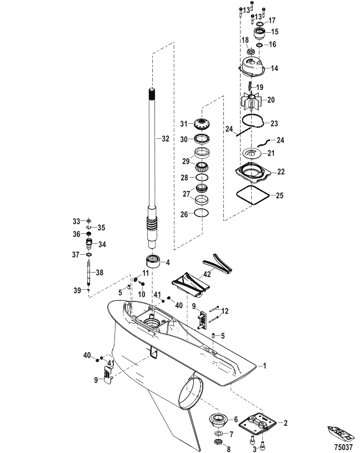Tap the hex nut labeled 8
pos(218,442)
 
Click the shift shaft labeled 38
pos(89,273)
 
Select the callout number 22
pos(281,172)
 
